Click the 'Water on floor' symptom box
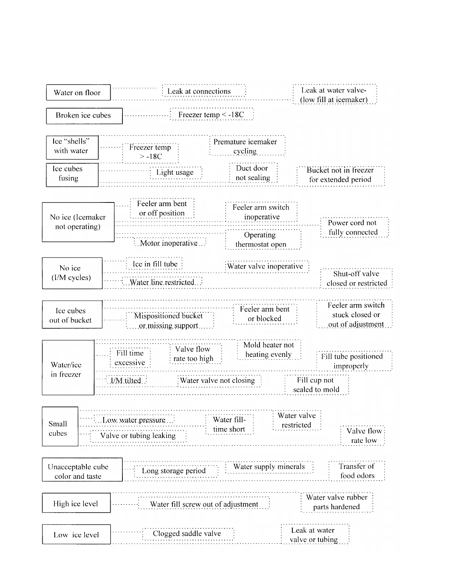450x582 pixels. coord(78,93)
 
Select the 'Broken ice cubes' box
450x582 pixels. coord(84,115)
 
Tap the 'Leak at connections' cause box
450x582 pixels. coord(204,91)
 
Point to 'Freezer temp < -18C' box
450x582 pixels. coord(211,115)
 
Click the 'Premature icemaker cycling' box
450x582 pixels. coord(247,146)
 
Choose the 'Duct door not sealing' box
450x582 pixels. coord(253,173)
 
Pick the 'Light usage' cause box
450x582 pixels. coord(176,173)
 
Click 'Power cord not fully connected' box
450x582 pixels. coord(354,227)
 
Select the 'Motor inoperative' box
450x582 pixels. coord(169,243)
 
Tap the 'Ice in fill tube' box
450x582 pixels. coord(154,264)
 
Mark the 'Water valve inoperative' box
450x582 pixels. coord(266,266)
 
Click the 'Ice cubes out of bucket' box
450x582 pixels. coord(72,315)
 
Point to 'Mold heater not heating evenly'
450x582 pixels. coord(269,350)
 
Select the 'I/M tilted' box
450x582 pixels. coord(126,381)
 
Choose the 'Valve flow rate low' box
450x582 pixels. coord(363,436)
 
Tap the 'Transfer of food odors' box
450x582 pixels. coord(357,471)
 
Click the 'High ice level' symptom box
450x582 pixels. coord(76,503)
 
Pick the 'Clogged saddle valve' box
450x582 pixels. coord(188,533)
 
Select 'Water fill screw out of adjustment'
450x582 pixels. coord(204,504)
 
